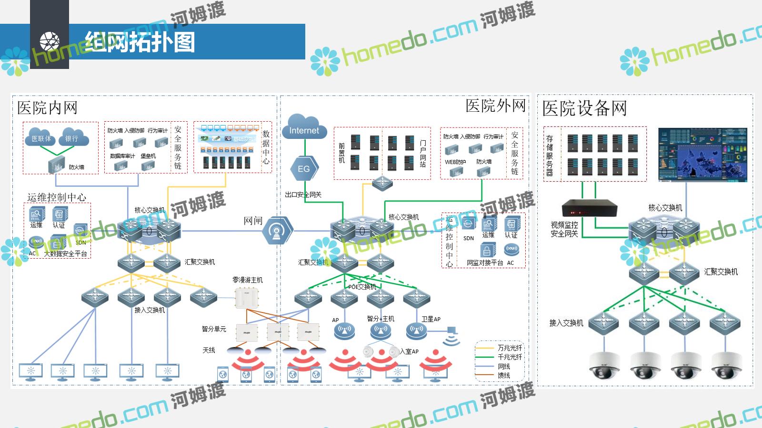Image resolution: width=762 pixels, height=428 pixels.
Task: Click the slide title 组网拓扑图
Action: click(x=140, y=42)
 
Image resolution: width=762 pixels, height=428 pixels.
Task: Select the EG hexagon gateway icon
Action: click(x=304, y=168)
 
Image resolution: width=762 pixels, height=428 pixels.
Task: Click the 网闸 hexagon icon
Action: click(x=277, y=231)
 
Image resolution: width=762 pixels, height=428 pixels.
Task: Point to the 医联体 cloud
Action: click(x=41, y=138)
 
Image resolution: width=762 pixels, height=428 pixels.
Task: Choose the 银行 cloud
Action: click(x=72, y=138)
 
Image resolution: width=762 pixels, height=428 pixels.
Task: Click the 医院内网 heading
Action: click(x=47, y=108)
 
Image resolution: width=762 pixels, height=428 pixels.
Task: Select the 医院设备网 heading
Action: click(x=584, y=108)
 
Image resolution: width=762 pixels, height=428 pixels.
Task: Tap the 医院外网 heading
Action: click(x=495, y=106)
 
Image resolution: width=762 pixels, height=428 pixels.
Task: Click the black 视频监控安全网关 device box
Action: click(x=589, y=208)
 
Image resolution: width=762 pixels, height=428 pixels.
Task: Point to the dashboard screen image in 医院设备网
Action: click(x=702, y=155)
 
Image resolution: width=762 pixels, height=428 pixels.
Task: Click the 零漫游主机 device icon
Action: click(x=246, y=298)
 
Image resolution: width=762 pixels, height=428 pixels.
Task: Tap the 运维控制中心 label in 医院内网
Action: click(x=57, y=197)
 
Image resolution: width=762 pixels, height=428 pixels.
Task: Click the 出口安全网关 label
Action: click(x=303, y=195)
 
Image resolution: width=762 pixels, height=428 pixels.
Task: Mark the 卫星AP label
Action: click(x=431, y=319)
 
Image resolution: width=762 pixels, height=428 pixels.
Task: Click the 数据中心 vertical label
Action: click(x=266, y=147)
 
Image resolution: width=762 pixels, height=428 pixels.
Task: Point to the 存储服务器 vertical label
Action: click(x=550, y=155)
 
